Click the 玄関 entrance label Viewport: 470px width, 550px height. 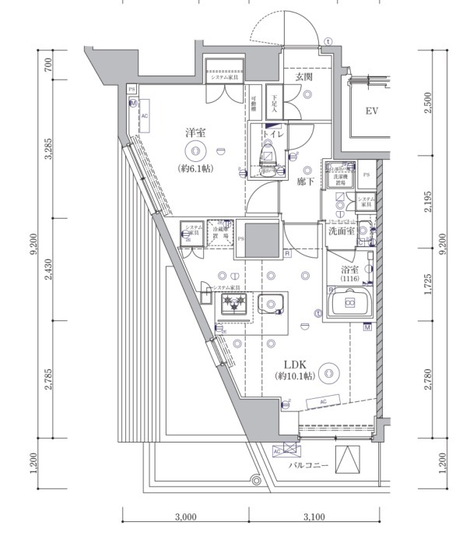[303, 77]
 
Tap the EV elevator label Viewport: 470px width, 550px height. [372, 111]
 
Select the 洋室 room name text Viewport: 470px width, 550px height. [195, 132]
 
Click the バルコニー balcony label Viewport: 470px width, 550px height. [310, 466]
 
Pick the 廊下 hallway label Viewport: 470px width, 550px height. [305, 181]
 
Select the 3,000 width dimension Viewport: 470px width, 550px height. [185, 517]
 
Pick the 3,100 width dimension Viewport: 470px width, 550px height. [314, 517]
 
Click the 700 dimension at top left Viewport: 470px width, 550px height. [49, 65]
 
